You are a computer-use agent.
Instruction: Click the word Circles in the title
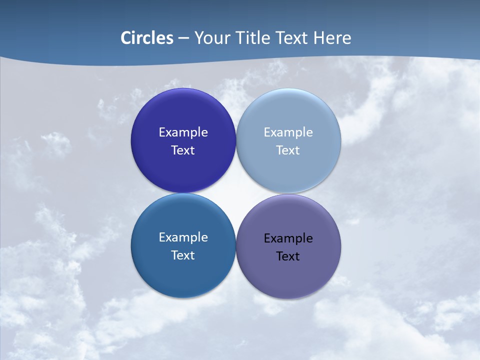pos(147,38)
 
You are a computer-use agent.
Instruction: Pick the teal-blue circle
pos(183,275)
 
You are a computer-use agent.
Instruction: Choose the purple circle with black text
pos(288,275)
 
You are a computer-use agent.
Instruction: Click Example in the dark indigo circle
pos(183,132)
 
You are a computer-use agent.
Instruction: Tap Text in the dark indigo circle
pos(183,150)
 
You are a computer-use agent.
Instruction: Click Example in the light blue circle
pos(288,132)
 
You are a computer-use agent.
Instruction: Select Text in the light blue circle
pos(288,150)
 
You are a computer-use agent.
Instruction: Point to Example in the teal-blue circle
pos(183,237)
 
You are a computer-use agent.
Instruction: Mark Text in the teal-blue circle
pos(183,255)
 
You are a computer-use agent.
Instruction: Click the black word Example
pos(288,238)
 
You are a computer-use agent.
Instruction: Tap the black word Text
pos(288,256)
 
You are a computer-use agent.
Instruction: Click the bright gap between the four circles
pos(236,193)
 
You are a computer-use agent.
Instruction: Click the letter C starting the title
pos(125,38)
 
